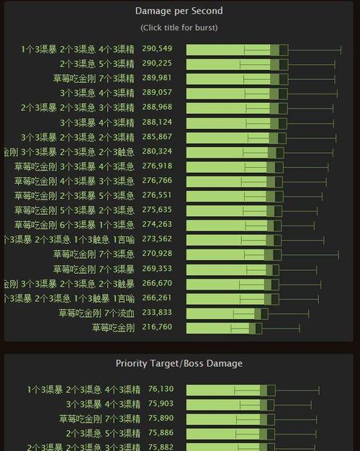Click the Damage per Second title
point(179,11)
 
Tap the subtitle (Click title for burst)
point(179,27)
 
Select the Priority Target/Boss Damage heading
point(179,363)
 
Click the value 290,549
point(157,49)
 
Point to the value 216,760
point(157,328)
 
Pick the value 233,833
point(157,313)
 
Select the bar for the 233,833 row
point(224,313)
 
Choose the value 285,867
point(157,137)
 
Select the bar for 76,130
point(227,390)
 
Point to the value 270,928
point(157,254)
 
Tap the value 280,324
point(157,152)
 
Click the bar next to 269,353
point(230,269)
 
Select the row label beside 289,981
point(94,79)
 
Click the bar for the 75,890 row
point(227,419)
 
